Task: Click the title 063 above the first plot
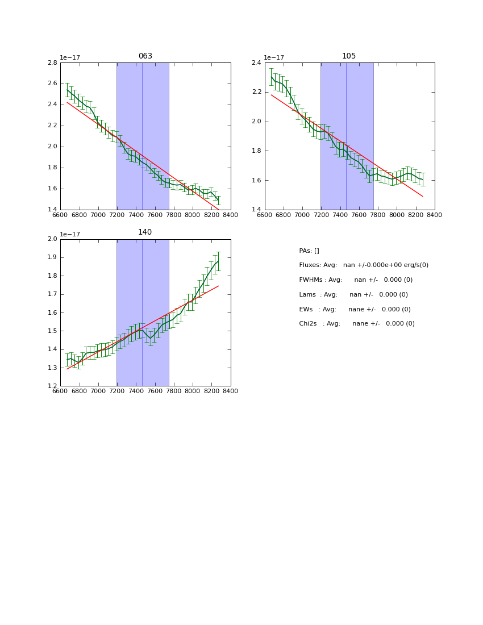145,56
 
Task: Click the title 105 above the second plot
349,56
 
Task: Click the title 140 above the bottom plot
145,232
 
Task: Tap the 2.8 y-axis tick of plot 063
52,63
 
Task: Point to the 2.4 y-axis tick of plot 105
256,63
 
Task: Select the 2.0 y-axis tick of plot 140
52,239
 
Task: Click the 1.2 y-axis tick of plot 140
52,386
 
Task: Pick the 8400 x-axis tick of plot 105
435,215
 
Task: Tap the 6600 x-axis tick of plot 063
60,215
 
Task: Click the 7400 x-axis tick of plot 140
136,391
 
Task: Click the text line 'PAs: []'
309,251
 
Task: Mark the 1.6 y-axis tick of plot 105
256,181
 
